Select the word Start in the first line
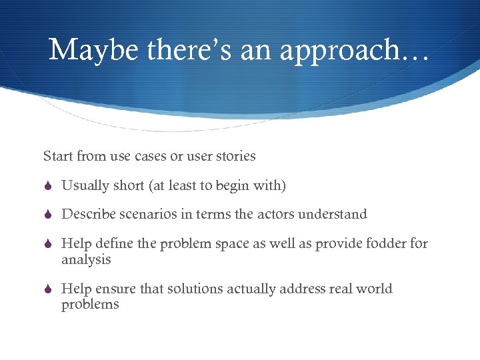coord(58,156)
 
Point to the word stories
coord(235,156)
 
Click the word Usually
coord(85,185)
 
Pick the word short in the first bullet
coord(128,185)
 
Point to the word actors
coord(273,214)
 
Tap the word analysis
coord(85,259)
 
